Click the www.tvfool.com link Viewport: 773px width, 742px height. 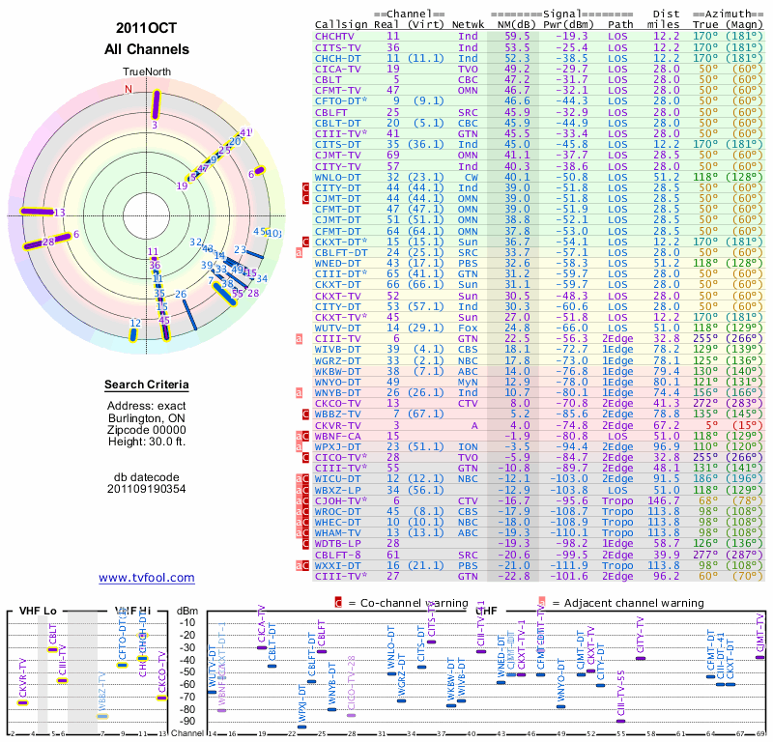(x=146, y=578)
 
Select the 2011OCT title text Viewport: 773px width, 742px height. (x=146, y=28)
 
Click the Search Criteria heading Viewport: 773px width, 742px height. (x=146, y=385)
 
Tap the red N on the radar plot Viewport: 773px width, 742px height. (x=128, y=89)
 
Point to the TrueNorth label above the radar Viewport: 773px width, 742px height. (x=146, y=71)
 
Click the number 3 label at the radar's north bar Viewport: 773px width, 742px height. (x=155, y=125)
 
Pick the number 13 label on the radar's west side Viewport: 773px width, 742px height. (x=60, y=213)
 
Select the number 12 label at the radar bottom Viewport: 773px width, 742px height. (x=135, y=324)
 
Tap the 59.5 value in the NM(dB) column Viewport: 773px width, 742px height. (x=516, y=35)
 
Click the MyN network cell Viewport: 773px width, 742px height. (x=468, y=382)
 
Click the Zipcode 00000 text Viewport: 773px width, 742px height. (x=146, y=429)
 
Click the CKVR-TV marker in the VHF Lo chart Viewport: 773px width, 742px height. (x=23, y=702)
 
